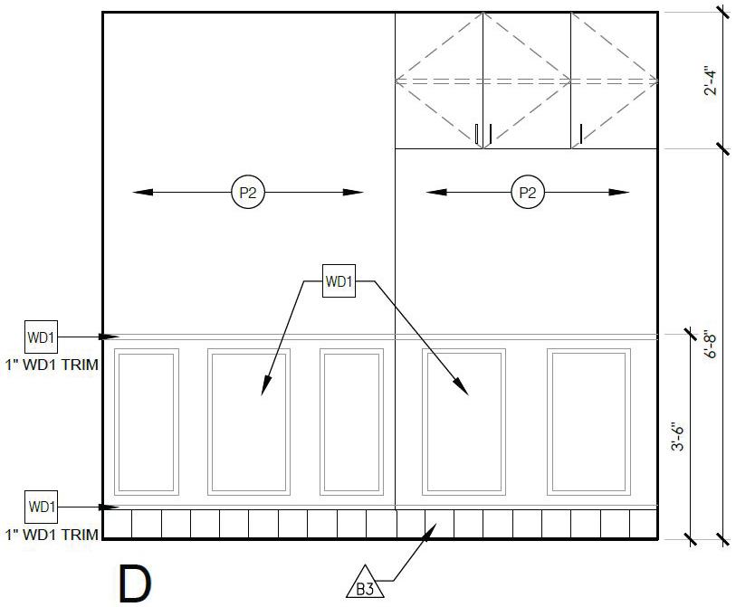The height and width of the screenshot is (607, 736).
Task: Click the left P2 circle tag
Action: pyautogui.click(x=248, y=192)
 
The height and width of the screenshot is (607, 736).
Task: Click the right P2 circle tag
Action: pyautogui.click(x=527, y=192)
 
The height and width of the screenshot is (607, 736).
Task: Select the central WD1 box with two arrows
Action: pyautogui.click(x=339, y=280)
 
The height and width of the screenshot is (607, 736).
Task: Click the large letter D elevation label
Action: pyautogui.click(x=136, y=583)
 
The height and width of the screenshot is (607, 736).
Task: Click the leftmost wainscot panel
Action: pyautogui.click(x=147, y=421)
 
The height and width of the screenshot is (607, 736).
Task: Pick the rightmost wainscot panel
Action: pyautogui.click(x=588, y=421)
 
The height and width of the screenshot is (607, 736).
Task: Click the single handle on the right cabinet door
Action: pyautogui.click(x=580, y=135)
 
